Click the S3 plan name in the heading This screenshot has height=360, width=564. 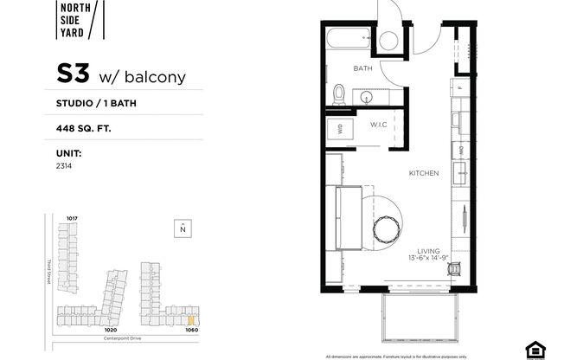(x=74, y=75)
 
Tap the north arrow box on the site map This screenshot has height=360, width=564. (x=183, y=228)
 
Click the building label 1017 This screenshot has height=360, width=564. (x=73, y=218)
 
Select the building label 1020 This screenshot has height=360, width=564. (x=110, y=329)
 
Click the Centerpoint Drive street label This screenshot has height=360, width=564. (x=127, y=338)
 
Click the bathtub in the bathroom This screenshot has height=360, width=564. (x=350, y=39)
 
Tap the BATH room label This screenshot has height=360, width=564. (x=362, y=67)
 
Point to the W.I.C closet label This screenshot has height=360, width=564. (x=379, y=125)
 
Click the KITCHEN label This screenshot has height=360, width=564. (x=424, y=173)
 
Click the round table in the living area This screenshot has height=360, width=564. (x=384, y=227)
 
